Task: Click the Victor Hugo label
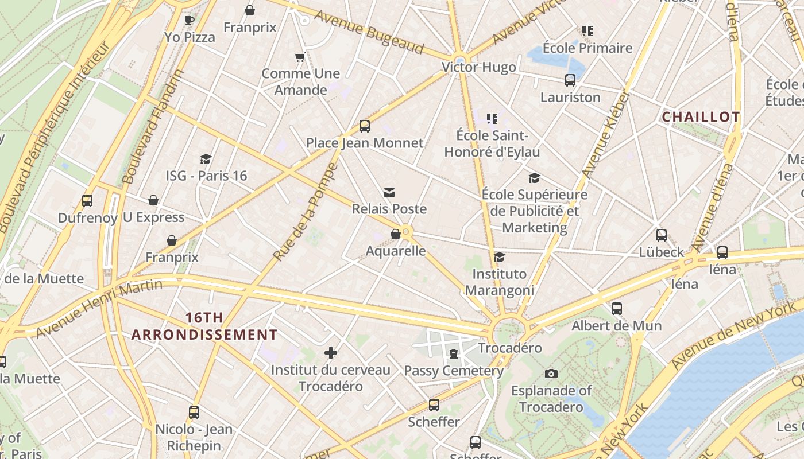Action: [478, 67]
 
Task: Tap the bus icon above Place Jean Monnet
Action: [364, 126]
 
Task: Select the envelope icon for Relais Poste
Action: [389, 193]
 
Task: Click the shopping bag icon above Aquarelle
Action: [395, 234]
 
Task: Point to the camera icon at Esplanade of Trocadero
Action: [551, 374]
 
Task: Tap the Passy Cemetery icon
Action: [454, 354]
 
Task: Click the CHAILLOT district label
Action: [701, 117]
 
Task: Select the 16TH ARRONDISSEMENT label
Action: [204, 326]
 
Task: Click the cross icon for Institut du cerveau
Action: [330, 353]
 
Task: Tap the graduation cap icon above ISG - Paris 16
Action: [206, 159]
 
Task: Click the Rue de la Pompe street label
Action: [305, 212]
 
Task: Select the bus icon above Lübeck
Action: [662, 235]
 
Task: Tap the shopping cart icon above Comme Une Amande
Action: [300, 57]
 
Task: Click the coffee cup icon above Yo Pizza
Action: [189, 21]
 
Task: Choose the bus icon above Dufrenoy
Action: [87, 201]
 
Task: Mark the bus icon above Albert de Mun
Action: [617, 309]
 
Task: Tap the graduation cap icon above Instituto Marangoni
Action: [499, 257]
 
